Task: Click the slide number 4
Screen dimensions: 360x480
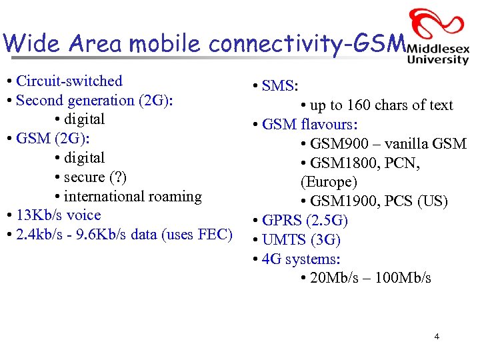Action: pyautogui.click(x=437, y=337)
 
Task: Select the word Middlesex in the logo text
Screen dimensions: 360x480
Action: pyautogui.click(x=438, y=49)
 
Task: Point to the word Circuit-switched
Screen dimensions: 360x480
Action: pyautogui.click(x=69, y=81)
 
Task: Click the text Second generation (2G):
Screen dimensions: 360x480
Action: pyautogui.click(x=94, y=101)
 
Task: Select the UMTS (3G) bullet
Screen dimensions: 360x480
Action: pyautogui.click(x=301, y=240)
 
